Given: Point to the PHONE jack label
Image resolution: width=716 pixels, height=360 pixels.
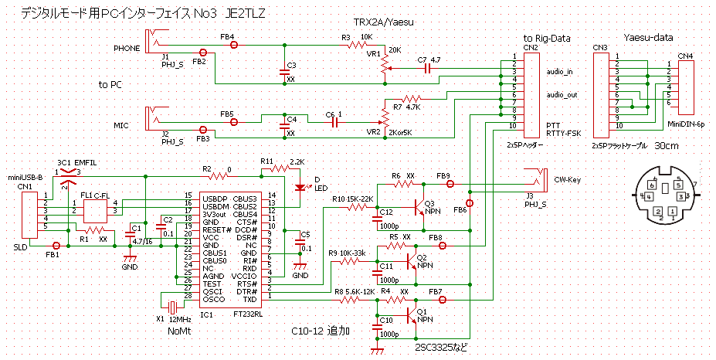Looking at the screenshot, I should [127, 47].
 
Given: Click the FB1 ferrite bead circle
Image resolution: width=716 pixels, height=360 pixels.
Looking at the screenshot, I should [56, 246].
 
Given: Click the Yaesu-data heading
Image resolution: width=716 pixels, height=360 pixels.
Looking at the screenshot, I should [647, 36].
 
